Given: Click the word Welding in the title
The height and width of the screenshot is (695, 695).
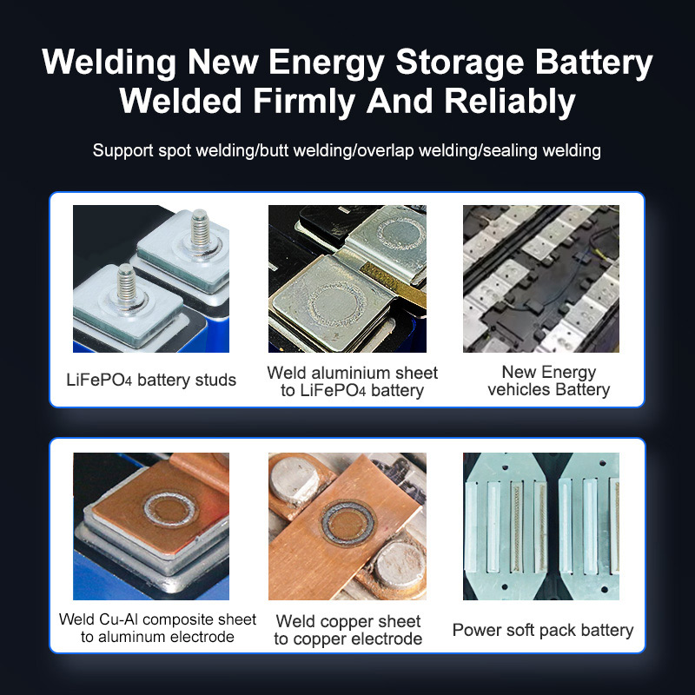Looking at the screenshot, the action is coord(109,63).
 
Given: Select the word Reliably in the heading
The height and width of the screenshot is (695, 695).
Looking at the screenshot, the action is coord(510,102).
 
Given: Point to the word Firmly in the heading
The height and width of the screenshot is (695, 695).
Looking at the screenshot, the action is coord(304,102).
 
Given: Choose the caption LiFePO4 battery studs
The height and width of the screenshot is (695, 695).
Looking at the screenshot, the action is coord(151,380).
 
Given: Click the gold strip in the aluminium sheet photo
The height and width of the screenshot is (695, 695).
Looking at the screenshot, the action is coord(393,284).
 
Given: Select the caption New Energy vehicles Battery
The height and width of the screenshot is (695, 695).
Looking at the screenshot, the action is coord(549,381).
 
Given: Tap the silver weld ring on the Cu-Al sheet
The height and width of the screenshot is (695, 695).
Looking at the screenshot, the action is coord(170,509).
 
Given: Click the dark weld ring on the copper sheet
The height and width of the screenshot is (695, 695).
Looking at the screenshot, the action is coord(348,523).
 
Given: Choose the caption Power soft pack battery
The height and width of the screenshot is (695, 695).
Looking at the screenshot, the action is coord(543,630).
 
